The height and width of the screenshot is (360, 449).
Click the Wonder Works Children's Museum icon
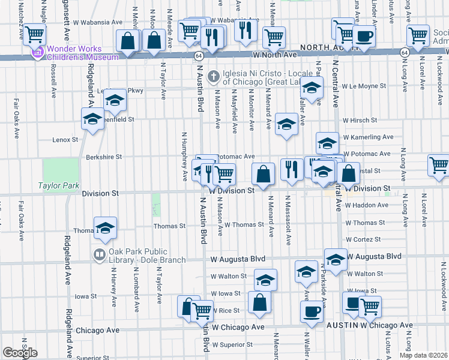click(39, 53)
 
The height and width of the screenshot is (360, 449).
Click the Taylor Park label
click(59, 186)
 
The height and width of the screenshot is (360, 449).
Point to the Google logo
click(20, 353)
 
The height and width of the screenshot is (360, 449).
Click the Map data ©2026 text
click(423, 355)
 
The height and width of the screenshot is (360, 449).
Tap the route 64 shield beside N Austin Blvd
click(198, 55)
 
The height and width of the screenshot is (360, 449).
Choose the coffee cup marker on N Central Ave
click(364, 35)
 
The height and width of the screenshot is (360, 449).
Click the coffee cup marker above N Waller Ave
click(312, 311)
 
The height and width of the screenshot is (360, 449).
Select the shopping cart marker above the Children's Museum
click(34, 34)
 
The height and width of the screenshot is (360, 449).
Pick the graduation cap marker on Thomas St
click(105, 227)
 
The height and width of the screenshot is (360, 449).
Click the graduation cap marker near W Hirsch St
click(286, 124)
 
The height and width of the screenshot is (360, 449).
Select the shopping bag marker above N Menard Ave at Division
click(263, 174)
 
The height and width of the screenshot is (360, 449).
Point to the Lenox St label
click(65, 139)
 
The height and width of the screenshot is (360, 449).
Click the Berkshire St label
click(104, 157)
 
